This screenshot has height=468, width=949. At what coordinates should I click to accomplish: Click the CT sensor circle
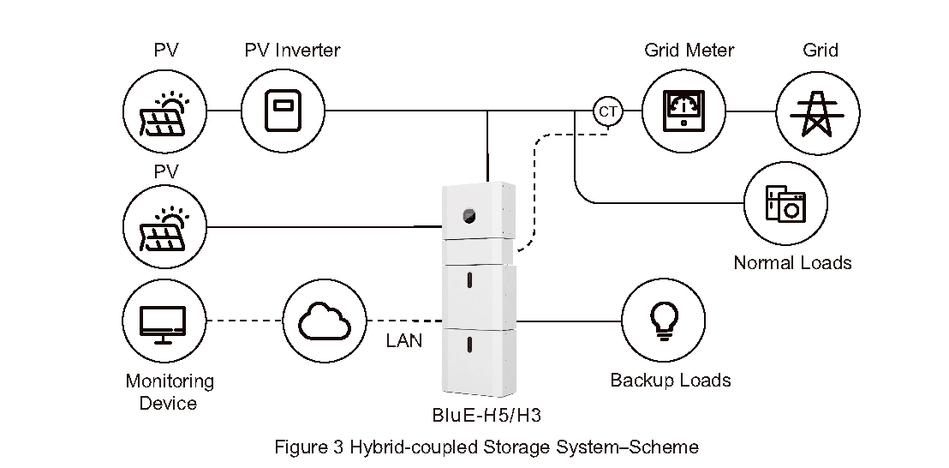click(607, 111)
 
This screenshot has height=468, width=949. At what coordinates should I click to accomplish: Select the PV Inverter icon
click(283, 111)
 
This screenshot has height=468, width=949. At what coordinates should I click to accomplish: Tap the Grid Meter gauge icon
click(683, 111)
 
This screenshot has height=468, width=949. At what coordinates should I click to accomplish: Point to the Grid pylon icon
click(817, 111)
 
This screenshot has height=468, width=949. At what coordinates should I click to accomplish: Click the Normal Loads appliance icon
click(785, 204)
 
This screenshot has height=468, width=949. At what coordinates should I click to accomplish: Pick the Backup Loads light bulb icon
click(661, 321)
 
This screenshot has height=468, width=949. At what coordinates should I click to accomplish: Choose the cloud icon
click(324, 321)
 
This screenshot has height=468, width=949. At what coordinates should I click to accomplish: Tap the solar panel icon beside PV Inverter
click(165, 111)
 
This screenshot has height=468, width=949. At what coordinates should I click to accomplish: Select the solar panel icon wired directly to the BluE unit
click(165, 227)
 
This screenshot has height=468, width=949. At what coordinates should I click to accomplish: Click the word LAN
click(403, 341)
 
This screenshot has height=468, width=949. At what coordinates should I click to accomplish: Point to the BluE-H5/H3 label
click(486, 417)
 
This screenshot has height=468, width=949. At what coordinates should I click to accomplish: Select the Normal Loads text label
click(792, 262)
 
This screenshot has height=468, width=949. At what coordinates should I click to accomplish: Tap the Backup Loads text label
click(670, 380)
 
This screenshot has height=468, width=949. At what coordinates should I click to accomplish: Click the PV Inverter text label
click(291, 50)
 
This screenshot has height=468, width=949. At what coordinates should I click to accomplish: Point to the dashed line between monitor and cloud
click(245, 322)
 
